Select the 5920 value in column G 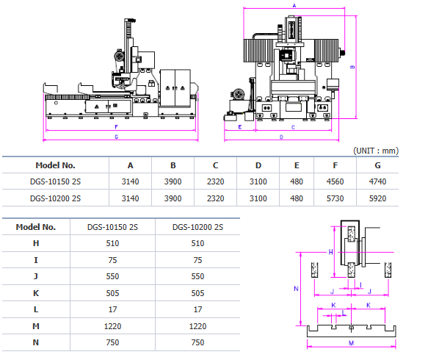click(x=377, y=198)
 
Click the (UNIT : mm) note click(x=375, y=150)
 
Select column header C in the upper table click(x=215, y=165)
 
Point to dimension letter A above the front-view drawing click(x=294, y=5)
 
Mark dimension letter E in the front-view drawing click(x=239, y=127)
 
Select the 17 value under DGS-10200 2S click(x=197, y=309)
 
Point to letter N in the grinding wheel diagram click(x=296, y=289)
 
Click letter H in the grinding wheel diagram click(x=331, y=252)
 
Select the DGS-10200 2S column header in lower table click(x=197, y=227)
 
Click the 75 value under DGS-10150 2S click(x=112, y=260)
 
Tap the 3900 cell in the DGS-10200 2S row click(x=173, y=198)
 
